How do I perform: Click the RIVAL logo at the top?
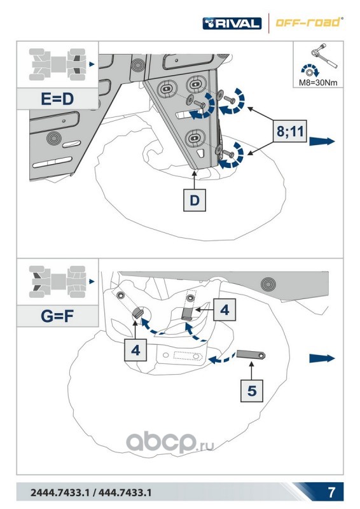232,24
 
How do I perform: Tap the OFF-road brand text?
308,22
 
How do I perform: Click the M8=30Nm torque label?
318,83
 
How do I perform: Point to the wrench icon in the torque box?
324,55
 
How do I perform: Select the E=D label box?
57,99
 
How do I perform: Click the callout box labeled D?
195,200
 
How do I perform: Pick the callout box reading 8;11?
290,132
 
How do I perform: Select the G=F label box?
57,316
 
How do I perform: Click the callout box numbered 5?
252,391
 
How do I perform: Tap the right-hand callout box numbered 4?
225,310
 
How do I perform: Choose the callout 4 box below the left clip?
135,350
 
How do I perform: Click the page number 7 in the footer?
331,492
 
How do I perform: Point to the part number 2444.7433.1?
60,492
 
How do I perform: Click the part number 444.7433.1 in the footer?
125,492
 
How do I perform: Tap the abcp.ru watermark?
170,442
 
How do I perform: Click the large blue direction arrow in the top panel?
322,141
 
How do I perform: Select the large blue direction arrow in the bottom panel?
322,358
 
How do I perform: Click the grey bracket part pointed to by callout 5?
251,354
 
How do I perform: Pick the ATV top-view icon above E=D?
57,64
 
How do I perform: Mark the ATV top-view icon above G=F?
57,282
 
